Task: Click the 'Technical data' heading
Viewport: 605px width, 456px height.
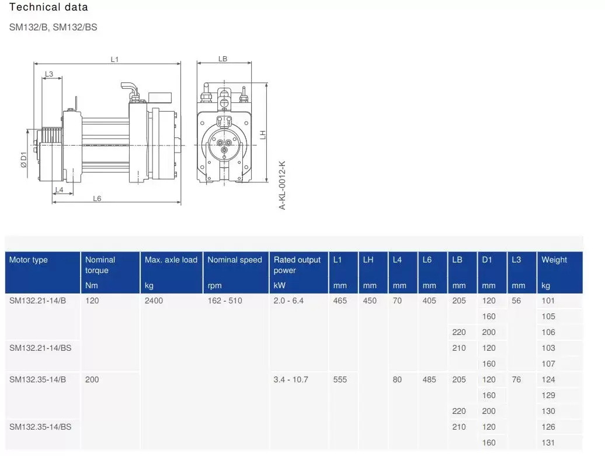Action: [48, 7]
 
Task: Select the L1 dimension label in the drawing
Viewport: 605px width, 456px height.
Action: [114, 60]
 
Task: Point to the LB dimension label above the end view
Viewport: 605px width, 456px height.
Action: [222, 59]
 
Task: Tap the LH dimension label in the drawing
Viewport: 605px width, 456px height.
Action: [263, 134]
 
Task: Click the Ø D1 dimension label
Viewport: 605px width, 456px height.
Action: [24, 160]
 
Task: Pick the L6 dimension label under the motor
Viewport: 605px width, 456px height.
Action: [97, 198]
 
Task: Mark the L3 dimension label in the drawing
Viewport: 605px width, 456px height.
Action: [49, 74]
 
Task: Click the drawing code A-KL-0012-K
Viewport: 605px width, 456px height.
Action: [282, 185]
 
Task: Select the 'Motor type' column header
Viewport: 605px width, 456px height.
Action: [29, 260]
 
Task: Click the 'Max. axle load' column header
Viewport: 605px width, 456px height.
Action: [171, 260]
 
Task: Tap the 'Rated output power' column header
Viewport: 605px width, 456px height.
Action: [297, 265]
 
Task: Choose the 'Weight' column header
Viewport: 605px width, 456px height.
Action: [554, 260]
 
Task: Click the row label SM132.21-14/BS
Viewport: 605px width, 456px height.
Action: [40, 348]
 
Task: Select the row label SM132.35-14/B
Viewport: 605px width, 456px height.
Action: [38, 379]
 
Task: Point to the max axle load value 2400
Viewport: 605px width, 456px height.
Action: [154, 300]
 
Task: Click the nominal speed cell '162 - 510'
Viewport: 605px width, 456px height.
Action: [225, 300]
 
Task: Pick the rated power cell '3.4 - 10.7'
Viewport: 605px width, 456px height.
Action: [291, 379]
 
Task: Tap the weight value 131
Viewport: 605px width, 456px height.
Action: [548, 443]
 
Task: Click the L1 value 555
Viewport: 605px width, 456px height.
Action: [340, 379]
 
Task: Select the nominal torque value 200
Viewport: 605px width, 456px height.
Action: [92, 379]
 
